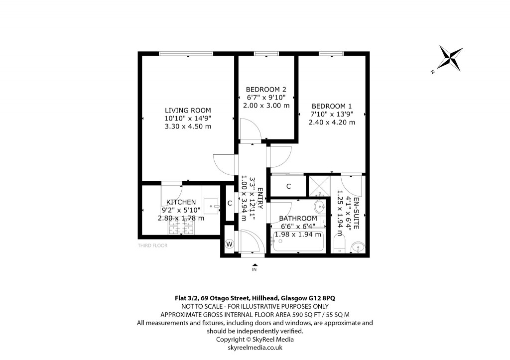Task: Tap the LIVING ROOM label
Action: point(188,111)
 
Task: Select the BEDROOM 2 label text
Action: point(266,90)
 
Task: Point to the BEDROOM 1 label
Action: point(331,106)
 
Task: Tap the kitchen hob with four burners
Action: point(181,227)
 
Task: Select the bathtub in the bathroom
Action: point(297,244)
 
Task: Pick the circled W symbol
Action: point(230,244)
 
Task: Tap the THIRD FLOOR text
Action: point(152,245)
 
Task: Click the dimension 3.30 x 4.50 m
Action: point(188,126)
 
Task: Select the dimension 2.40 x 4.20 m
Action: point(331,122)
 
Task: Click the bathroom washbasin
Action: point(319,206)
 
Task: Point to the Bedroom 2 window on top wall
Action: point(266,53)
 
